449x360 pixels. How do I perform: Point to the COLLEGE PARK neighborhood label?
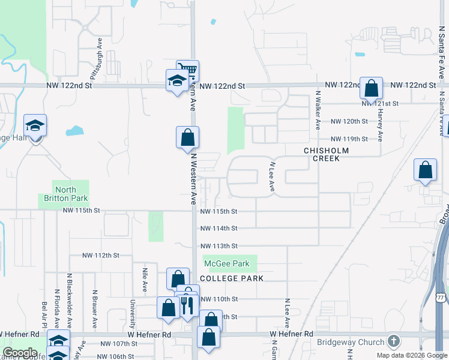coord(232,279)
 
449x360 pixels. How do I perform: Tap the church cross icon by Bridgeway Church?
coord(393,342)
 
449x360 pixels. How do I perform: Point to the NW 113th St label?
coord(218,246)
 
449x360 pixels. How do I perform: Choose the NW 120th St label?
coord(349,121)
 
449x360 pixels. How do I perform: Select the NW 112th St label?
coord(101,255)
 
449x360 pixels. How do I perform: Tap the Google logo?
coord(20,353)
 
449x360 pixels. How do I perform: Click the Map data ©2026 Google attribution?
coord(412,355)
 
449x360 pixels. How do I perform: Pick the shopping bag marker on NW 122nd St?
coord(372,88)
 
